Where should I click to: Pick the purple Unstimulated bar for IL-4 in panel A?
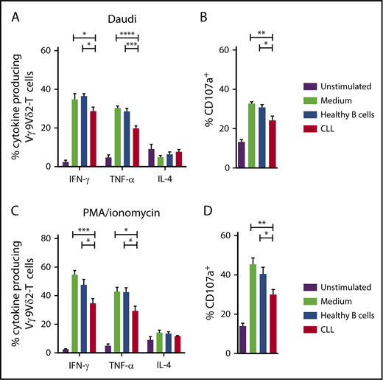[x=151, y=158]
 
